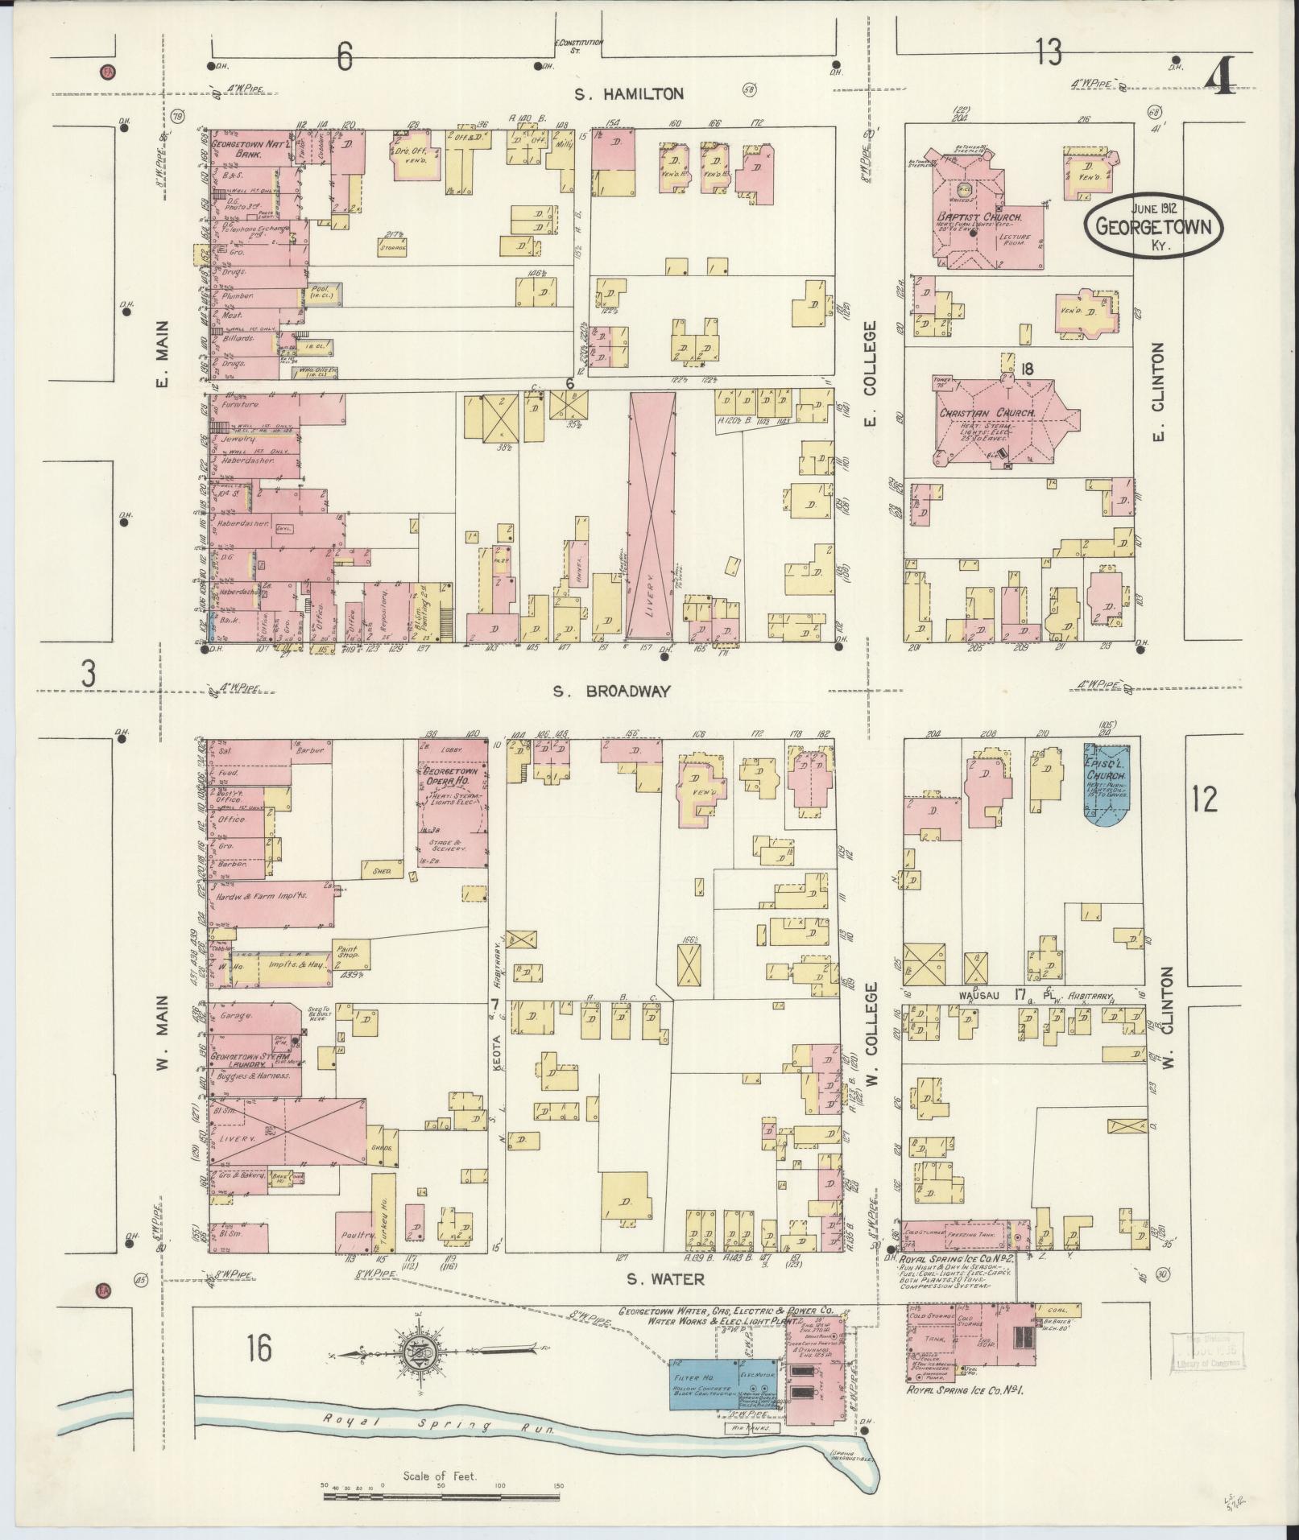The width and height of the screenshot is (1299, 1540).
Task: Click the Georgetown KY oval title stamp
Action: coord(1152,225)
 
